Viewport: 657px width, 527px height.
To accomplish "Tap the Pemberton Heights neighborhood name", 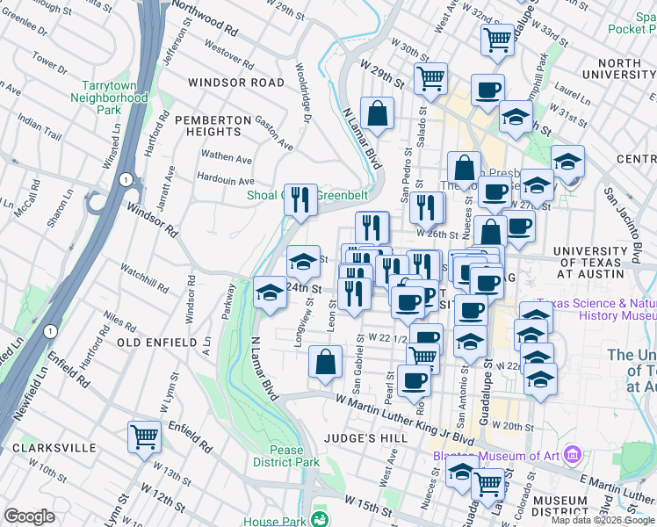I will pos(207,125).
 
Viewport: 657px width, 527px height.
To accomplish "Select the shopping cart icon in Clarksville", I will pos(144,437).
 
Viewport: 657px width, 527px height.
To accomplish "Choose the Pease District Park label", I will pos(286,456).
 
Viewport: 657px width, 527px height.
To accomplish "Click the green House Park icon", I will pos(321,521).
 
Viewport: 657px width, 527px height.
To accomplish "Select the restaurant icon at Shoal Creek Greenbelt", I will pos(301,200).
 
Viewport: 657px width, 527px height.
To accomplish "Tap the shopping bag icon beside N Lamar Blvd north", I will pos(377,113).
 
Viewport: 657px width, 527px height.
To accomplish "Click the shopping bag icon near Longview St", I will pos(325,362).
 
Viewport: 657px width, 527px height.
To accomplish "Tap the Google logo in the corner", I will pos(29,516).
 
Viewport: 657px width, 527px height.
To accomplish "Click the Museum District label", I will pos(560,507).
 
